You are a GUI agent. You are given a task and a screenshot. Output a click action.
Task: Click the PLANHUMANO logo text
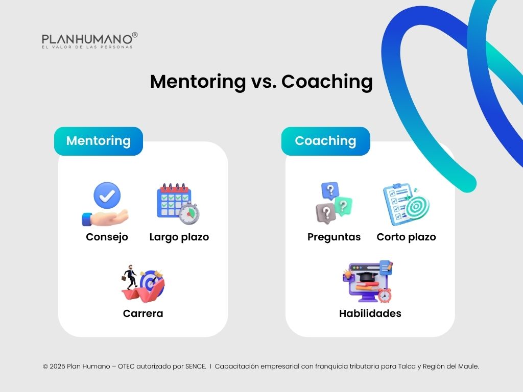(87, 39)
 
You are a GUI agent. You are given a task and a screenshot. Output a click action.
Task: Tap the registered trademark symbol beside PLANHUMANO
(135, 35)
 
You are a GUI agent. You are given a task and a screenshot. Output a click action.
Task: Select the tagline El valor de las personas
(87, 47)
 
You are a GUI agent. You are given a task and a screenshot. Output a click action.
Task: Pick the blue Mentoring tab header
(99, 141)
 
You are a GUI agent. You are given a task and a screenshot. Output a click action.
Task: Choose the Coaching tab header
(325, 141)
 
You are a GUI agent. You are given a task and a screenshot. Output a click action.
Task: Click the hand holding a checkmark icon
(105, 204)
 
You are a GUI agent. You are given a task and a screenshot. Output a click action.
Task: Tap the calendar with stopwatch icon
(178, 204)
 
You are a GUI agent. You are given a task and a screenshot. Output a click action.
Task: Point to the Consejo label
(107, 237)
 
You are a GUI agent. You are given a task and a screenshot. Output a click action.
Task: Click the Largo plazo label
(179, 237)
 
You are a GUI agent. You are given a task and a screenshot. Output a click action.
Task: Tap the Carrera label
(143, 313)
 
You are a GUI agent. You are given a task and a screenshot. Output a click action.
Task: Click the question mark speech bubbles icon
(334, 203)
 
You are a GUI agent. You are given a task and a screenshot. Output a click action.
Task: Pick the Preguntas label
(334, 237)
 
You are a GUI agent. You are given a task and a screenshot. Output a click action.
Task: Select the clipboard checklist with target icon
(406, 204)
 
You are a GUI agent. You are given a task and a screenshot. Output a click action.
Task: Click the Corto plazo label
(406, 237)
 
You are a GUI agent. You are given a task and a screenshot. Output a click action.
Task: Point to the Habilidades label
(370, 313)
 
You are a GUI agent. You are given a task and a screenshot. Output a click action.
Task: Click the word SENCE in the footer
(195, 366)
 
